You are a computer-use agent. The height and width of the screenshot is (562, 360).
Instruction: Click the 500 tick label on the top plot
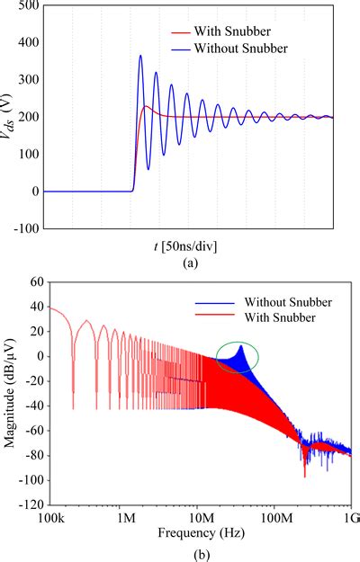coord(27,5)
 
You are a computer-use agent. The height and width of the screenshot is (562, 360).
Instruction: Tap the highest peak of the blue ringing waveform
coord(140,57)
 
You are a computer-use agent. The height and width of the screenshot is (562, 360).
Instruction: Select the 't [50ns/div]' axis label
coord(191,245)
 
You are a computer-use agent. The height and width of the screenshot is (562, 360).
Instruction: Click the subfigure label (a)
coord(191,262)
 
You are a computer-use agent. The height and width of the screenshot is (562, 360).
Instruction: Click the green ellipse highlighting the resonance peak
coord(236,357)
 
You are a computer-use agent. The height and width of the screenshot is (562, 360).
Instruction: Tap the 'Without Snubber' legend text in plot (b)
coord(281,301)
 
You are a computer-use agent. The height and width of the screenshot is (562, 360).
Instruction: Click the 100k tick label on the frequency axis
coord(48,521)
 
